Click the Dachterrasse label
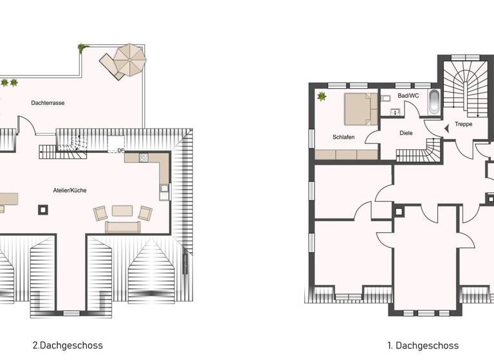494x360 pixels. [x=48, y=103]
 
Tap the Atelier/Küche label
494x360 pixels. [x=70, y=190]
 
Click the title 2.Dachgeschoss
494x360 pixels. [x=67, y=345]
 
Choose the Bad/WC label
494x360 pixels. [x=408, y=96]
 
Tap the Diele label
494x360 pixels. [x=405, y=133]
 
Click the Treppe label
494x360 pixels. [x=464, y=124]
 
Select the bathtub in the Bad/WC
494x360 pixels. [x=434, y=104]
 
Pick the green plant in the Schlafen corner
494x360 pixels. [x=322, y=97]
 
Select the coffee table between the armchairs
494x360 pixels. [x=122, y=210]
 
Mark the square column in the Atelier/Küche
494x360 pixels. [x=44, y=208]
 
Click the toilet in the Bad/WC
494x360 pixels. [x=387, y=99]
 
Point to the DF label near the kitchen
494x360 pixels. [x=120, y=151]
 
